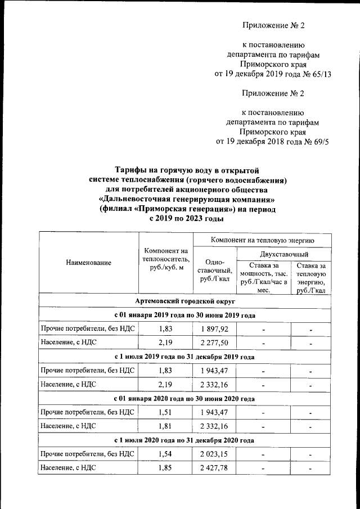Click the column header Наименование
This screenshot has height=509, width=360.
pyautogui.click(x=88, y=263)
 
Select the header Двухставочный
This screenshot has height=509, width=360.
pyautogui.click(x=283, y=255)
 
